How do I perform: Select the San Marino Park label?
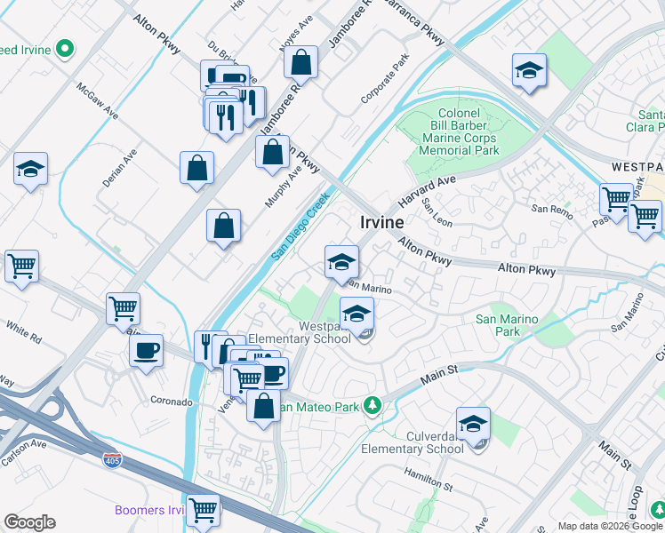click(507, 325)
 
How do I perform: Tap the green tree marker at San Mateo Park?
click(373, 407)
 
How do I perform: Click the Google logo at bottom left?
click(29, 522)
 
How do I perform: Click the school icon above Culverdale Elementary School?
click(474, 425)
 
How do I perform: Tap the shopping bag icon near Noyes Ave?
click(301, 62)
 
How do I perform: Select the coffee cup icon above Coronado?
click(146, 350)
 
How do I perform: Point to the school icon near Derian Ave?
click(30, 169)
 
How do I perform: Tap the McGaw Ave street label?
click(97, 102)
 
